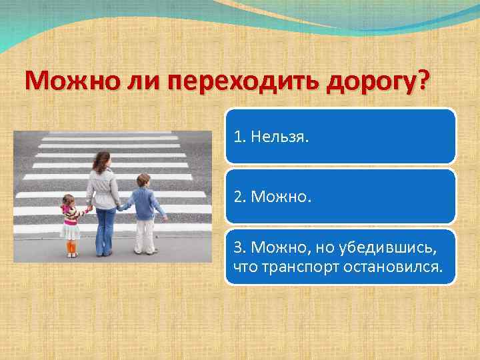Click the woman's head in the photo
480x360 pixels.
(x=102, y=160)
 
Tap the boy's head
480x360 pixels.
(x=143, y=181)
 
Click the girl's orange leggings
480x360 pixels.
(x=71, y=247)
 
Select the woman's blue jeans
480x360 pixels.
(x=105, y=230)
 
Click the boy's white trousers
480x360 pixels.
(x=145, y=235)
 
